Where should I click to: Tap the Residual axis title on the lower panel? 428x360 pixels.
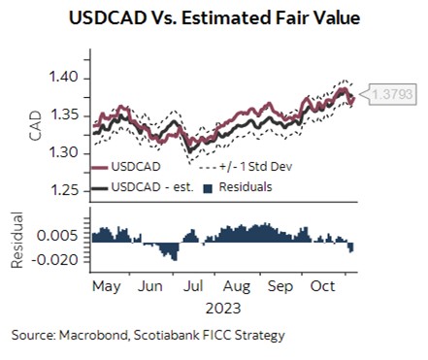(17, 239)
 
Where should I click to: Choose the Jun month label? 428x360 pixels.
(150, 287)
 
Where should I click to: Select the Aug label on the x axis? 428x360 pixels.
(237, 287)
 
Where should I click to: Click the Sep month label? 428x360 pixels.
(280, 287)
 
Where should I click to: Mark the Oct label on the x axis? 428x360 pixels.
(323, 287)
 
